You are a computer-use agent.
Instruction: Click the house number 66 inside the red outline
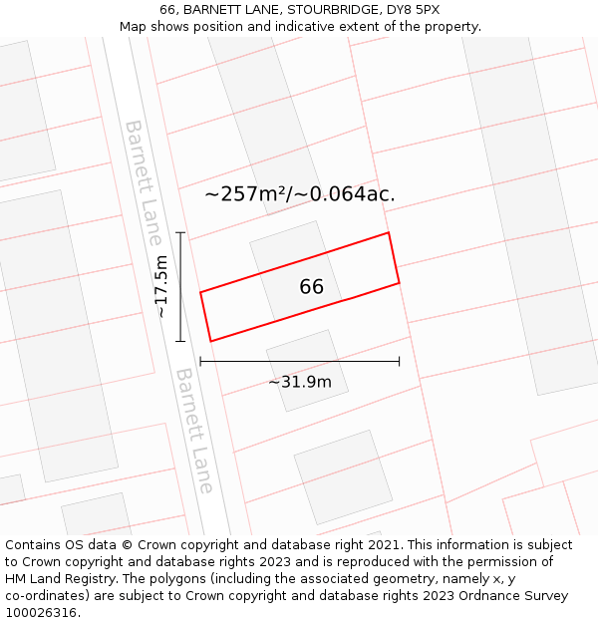[311, 287]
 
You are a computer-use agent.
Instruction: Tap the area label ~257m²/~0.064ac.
[299, 194]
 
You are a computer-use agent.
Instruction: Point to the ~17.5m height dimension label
[161, 287]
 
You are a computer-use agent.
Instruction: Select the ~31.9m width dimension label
[299, 382]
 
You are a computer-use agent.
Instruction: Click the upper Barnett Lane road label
[143, 182]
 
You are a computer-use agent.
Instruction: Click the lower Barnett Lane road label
[194, 431]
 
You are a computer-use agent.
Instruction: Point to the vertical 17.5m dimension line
[180, 287]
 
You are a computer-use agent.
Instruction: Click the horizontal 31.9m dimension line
[299, 361]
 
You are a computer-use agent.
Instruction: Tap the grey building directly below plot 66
[307, 370]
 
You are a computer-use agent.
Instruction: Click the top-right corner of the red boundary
[388, 233]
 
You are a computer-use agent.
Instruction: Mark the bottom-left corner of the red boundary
[210, 341]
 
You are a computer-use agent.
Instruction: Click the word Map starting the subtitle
[134, 26]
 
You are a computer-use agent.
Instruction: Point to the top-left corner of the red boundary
[200, 292]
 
